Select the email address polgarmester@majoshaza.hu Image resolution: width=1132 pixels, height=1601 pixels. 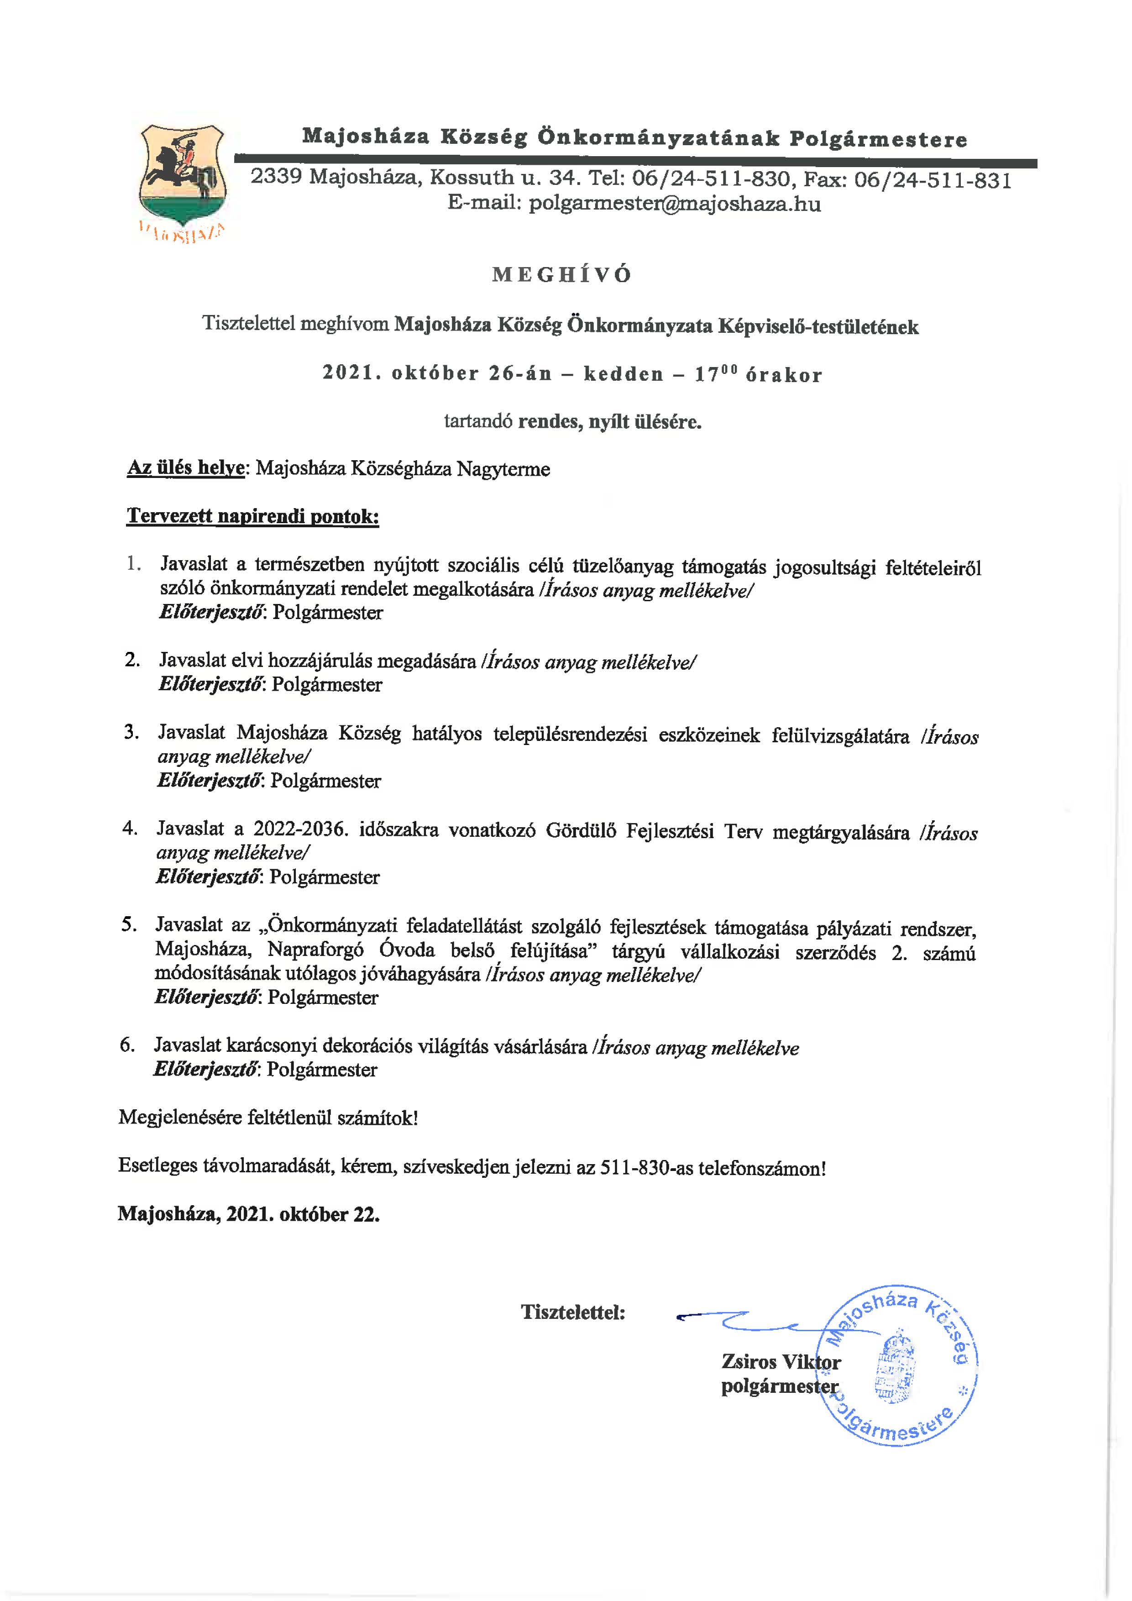tap(674, 205)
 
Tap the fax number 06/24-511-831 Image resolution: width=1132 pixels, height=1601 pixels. tap(933, 181)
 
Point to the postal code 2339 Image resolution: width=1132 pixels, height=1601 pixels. tap(277, 177)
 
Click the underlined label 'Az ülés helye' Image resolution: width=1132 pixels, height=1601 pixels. tap(185, 468)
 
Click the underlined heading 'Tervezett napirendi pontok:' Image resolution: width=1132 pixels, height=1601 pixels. tap(253, 517)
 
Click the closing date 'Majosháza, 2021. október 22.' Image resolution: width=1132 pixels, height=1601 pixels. tap(249, 1214)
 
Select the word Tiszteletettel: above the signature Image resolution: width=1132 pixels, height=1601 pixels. tap(573, 1312)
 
